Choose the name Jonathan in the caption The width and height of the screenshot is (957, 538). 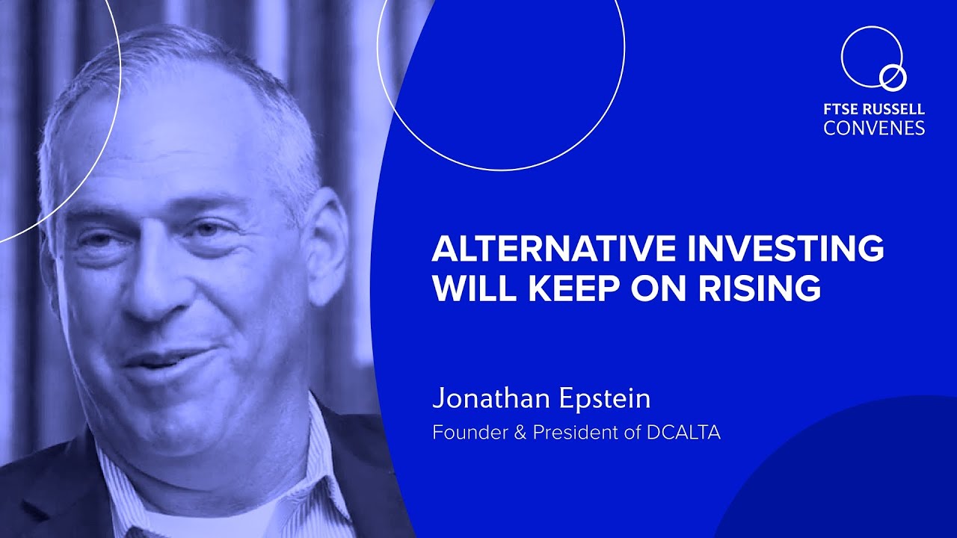(490, 398)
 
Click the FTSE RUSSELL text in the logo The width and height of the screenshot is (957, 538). (874, 109)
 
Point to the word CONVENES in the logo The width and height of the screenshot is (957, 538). (874, 128)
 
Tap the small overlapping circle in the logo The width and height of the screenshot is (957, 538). (893, 76)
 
